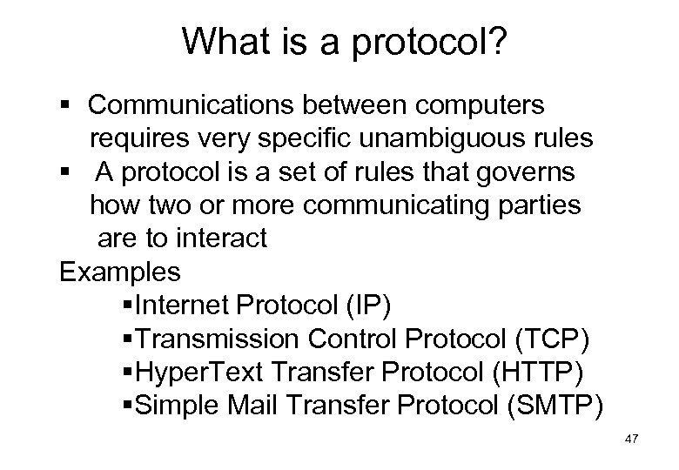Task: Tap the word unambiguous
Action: (410, 138)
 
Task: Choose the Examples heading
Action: (120, 272)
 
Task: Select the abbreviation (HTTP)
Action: (542, 372)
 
